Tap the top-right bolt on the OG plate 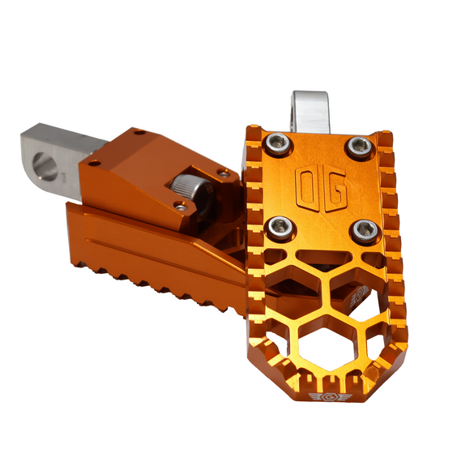[358, 147]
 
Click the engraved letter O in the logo [309, 187]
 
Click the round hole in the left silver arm [46, 169]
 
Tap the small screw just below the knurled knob [181, 207]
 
